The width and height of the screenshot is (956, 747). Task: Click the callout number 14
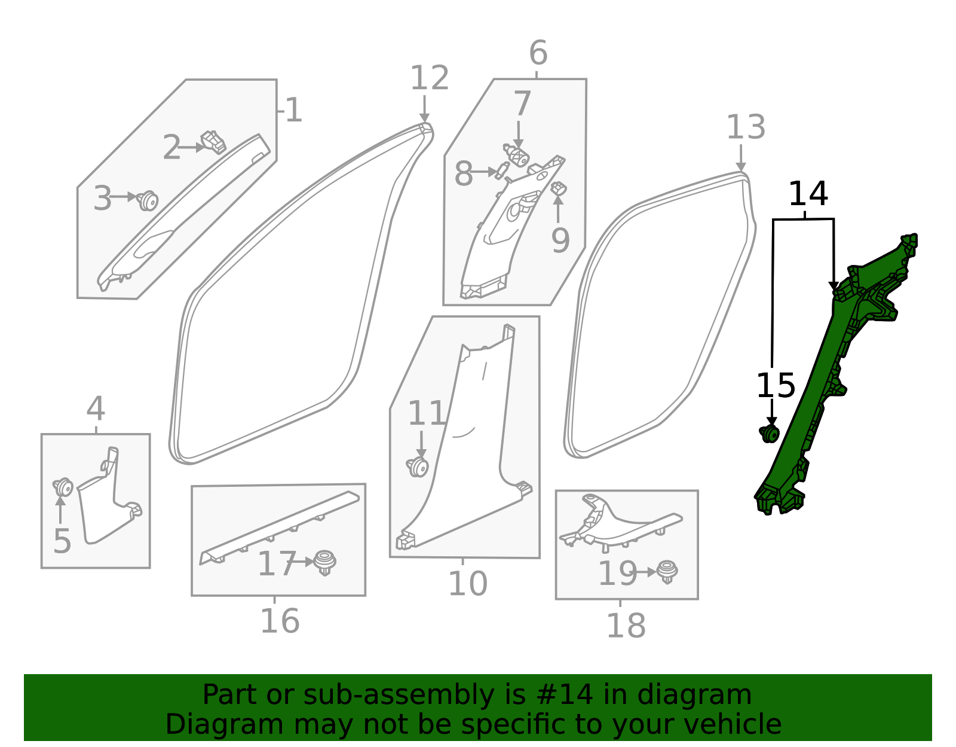tap(808, 194)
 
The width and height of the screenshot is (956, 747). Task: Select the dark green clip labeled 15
tap(770, 434)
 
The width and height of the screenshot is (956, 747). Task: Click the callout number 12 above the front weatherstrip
tap(429, 79)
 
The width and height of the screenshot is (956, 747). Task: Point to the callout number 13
tap(746, 128)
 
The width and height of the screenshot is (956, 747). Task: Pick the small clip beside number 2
tap(213, 142)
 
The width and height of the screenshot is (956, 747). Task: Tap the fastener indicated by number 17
tap(324, 562)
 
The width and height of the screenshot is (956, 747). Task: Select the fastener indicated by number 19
tap(666, 571)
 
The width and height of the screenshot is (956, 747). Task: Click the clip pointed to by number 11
tap(418, 467)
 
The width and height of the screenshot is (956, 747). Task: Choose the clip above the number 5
tap(63, 487)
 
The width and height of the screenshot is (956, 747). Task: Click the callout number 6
tap(538, 54)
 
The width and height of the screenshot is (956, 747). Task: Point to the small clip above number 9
tap(559, 188)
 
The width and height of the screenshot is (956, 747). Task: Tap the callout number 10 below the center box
tap(467, 584)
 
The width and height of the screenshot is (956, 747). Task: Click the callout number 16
tap(280, 621)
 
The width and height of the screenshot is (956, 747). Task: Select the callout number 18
tap(626, 626)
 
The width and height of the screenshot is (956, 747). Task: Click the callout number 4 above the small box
tap(96, 410)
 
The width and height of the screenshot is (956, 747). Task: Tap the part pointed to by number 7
tap(516, 155)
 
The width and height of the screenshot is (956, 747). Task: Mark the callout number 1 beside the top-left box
tap(293, 111)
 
